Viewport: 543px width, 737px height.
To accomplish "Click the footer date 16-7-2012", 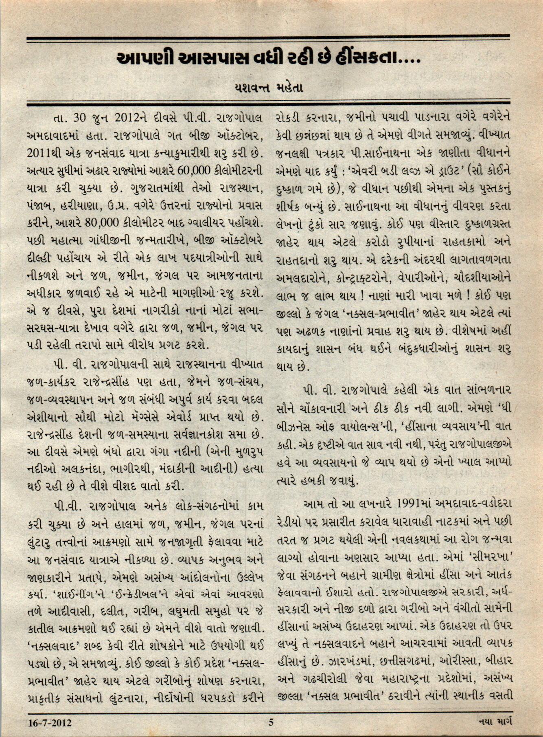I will (50, 723).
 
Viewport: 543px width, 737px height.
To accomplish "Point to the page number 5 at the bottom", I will (271, 723).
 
